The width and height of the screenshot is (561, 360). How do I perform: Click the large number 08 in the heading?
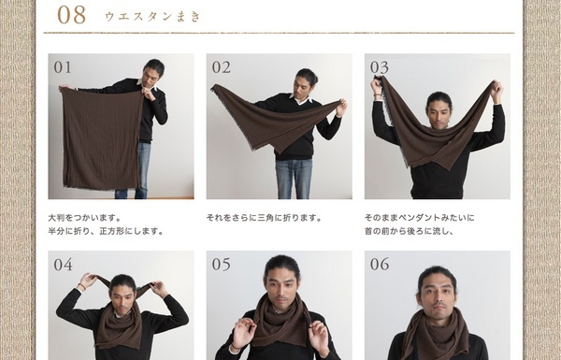72,15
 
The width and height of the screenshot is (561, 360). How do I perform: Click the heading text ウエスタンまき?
152,17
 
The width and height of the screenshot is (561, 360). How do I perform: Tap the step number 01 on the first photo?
63,67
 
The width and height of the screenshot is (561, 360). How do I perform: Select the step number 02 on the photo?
221,67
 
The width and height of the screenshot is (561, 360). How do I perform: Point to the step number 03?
380,67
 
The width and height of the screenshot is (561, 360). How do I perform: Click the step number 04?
63,265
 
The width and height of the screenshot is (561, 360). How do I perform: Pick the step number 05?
221,265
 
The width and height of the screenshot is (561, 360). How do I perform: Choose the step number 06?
380,265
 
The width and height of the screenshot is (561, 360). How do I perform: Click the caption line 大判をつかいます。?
85,218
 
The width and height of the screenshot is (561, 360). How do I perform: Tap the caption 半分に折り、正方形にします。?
106,231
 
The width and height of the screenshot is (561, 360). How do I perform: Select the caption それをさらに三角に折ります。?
264,218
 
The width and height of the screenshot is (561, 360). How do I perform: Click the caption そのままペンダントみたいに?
419,218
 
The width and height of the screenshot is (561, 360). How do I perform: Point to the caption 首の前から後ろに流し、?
409,231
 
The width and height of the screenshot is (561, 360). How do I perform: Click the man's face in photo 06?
438,295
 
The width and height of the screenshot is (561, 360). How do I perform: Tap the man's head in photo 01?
154,72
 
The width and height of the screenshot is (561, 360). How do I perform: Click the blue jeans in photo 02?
294,179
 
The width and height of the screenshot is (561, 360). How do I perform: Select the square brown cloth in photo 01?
101,139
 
